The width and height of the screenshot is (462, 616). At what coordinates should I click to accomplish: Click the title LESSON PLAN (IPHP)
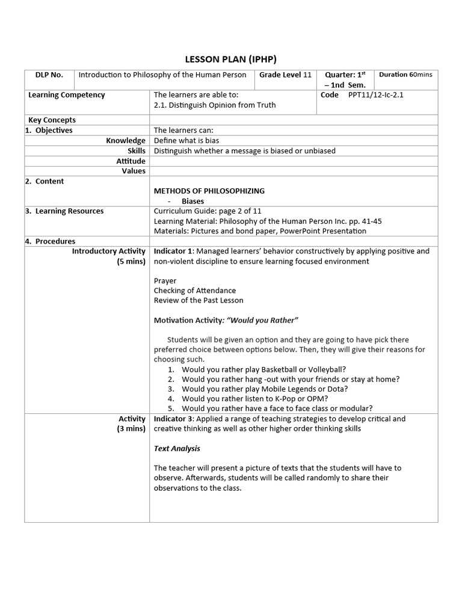pyautogui.click(x=230, y=59)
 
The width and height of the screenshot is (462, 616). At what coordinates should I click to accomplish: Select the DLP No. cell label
pyautogui.click(x=49, y=75)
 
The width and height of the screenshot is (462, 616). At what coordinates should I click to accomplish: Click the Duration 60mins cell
pyautogui.click(x=405, y=75)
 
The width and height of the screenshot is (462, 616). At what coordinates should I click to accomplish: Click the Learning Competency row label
pyautogui.click(x=67, y=95)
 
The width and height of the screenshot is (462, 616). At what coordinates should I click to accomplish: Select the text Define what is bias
pyautogui.click(x=186, y=141)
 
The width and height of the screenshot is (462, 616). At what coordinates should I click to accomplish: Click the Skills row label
pyautogui.click(x=136, y=151)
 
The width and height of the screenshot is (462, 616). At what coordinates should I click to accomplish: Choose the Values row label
pyautogui.click(x=134, y=171)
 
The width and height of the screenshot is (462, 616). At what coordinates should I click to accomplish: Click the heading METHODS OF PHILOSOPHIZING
pyautogui.click(x=209, y=191)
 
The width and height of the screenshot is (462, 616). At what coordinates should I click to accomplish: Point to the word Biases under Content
pyautogui.click(x=193, y=202)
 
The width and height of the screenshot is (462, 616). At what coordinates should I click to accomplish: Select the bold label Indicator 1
pyautogui.click(x=173, y=251)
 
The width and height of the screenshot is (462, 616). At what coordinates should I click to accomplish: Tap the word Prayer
pyautogui.click(x=165, y=281)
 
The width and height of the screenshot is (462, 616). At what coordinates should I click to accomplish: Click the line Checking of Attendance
pyautogui.click(x=194, y=291)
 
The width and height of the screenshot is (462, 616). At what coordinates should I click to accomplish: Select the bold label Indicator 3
pyautogui.click(x=173, y=419)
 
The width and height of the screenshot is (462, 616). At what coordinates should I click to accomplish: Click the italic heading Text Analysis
pyautogui.click(x=177, y=449)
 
